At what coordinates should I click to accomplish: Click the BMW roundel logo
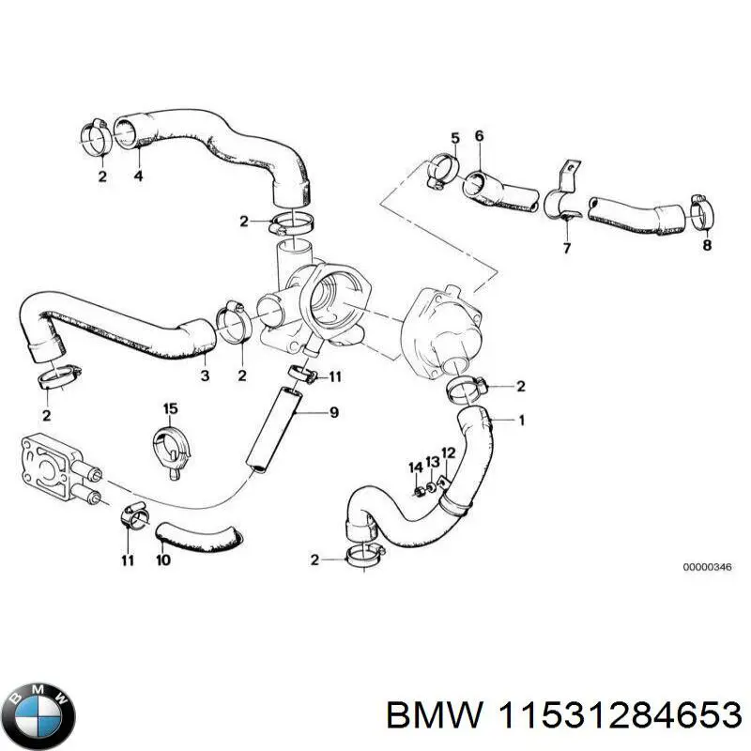coord(38,715)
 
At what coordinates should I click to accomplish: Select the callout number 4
coord(138,175)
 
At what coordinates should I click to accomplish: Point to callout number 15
coord(170,408)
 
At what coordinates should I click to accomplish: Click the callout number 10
coord(162,560)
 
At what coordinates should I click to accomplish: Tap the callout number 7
coord(566,248)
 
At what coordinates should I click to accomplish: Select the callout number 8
coord(706,246)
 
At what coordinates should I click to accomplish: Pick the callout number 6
coord(479,136)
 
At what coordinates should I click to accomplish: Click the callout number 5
coord(454,138)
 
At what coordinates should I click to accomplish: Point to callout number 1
coord(522,420)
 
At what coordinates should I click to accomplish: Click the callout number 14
coord(415,467)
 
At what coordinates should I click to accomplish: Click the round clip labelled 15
coord(171,445)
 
